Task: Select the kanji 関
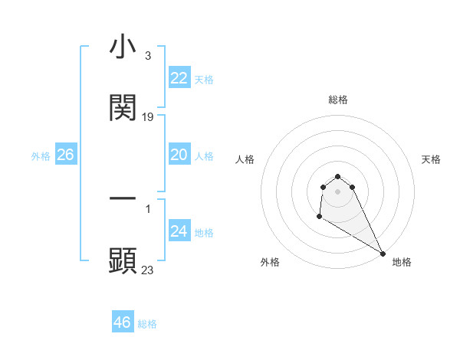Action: [123, 108]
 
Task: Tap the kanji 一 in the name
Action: [123, 199]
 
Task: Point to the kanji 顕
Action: [123, 260]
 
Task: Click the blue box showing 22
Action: [179, 78]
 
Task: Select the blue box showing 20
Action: [179, 155]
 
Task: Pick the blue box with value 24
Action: [179, 231]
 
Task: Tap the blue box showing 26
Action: [66, 155]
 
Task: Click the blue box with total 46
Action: [123, 322]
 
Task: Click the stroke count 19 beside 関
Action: [149, 117]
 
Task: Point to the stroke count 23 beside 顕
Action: [148, 270]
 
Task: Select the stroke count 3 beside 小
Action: [147, 55]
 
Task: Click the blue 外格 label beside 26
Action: [41, 156]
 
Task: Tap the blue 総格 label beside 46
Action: [147, 324]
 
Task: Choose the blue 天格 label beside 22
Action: [204, 80]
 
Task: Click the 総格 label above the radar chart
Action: [338, 100]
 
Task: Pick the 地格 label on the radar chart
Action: [402, 262]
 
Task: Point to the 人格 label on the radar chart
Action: [245, 159]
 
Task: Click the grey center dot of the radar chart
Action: [337, 191]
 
